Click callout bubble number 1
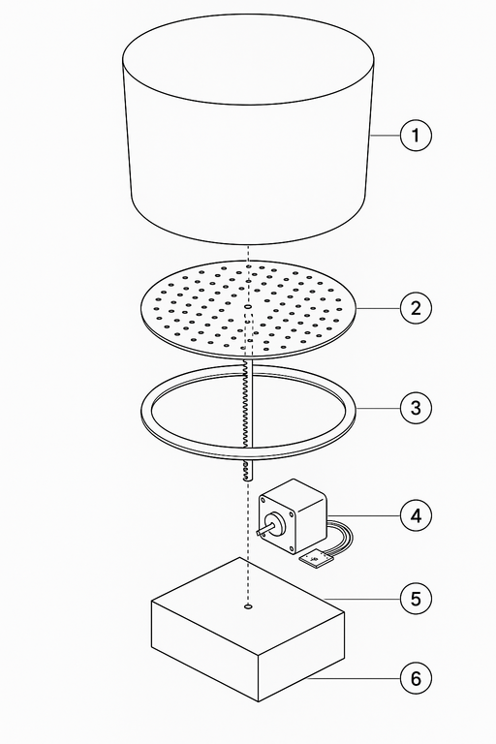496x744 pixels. tap(416, 136)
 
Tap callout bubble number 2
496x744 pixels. tap(416, 308)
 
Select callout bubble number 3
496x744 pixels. tap(416, 407)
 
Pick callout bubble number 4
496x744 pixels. tap(416, 515)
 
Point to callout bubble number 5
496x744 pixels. tap(416, 599)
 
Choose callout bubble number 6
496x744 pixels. tap(416, 678)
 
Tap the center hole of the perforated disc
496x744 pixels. tap(248, 307)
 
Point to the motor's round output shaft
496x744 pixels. tap(265, 528)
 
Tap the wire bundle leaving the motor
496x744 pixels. tap(341, 537)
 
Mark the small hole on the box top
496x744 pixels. tap(248, 606)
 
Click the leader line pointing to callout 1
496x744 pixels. tap(385, 136)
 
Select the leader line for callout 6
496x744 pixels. tap(355, 679)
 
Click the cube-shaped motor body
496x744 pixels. tap(293, 515)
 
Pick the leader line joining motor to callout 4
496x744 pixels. tap(363, 515)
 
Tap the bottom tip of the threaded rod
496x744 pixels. tap(248, 480)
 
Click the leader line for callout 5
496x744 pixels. tap(362, 599)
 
